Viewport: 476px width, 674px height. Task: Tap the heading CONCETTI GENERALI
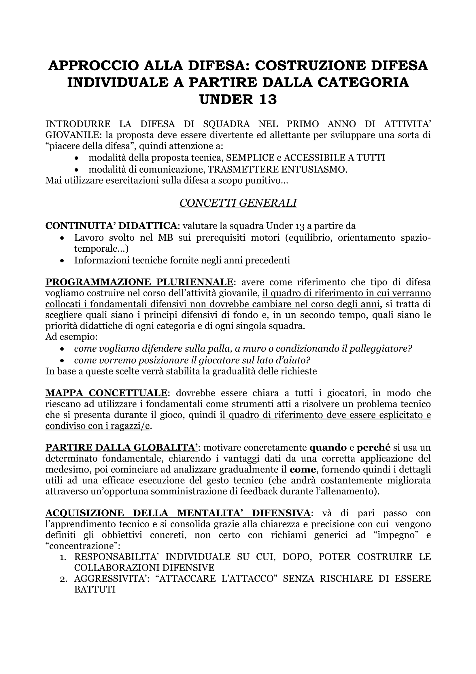(238, 203)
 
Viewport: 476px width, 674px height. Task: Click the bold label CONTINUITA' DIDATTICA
(111, 226)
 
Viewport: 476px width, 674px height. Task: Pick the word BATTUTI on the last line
(95, 590)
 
